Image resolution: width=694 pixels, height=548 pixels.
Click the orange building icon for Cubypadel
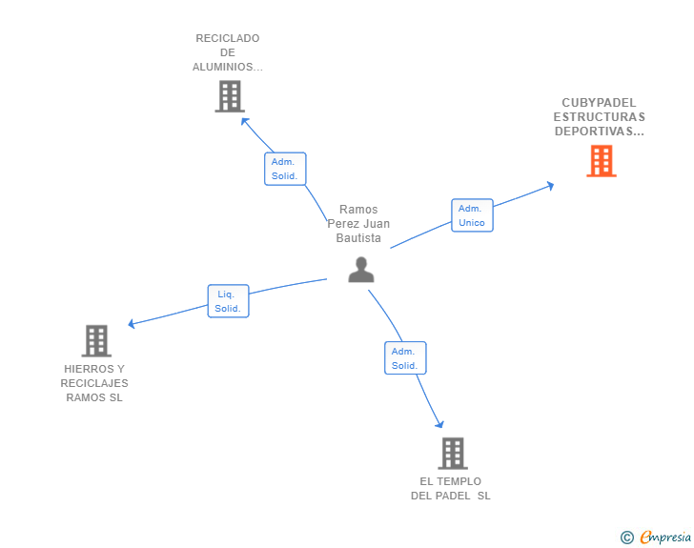tap(601, 161)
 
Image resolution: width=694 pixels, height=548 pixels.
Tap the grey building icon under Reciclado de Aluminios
tap(229, 96)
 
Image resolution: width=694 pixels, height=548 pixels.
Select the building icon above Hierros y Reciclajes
tap(95, 340)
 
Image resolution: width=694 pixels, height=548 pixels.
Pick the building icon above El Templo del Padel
tap(452, 453)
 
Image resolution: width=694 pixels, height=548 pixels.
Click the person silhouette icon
tap(360, 270)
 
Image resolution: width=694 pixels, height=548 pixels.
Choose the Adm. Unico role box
tap(472, 215)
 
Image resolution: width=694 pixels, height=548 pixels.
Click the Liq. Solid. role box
tap(228, 301)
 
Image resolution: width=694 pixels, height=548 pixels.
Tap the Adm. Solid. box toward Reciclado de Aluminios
tap(285, 169)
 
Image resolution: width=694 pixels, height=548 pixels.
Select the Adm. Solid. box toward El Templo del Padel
tap(405, 358)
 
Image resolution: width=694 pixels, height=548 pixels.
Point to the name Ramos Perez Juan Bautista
tap(358, 224)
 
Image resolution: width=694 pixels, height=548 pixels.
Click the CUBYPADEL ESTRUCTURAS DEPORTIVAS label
tap(599, 117)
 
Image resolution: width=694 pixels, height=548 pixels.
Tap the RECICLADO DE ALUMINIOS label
tap(227, 52)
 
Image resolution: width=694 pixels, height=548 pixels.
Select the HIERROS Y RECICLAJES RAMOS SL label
tap(94, 383)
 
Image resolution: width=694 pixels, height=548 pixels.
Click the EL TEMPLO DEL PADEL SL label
tap(451, 488)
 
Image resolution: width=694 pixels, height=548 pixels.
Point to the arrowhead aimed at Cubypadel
tap(549, 186)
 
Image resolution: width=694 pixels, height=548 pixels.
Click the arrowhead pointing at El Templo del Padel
tap(439, 423)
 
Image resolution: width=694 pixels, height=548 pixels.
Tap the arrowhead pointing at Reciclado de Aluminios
tap(245, 121)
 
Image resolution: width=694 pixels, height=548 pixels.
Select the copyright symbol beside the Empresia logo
tap(627, 538)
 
